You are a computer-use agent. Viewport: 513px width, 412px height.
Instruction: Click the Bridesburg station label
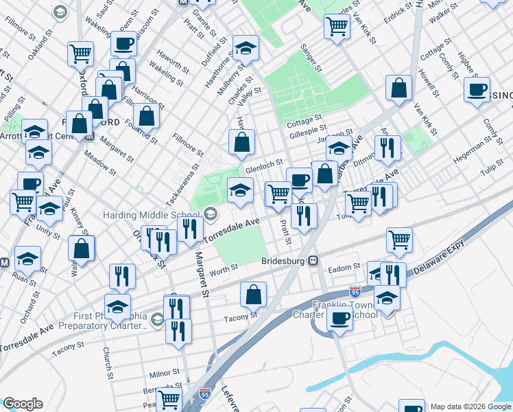click(x=283, y=262)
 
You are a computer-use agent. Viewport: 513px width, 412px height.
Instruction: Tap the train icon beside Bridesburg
click(x=313, y=261)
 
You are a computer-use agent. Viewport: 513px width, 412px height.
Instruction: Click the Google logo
click(x=22, y=404)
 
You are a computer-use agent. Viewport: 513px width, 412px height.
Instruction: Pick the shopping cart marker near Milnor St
click(x=168, y=399)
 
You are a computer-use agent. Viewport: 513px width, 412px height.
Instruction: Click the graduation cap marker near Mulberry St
click(x=246, y=48)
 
